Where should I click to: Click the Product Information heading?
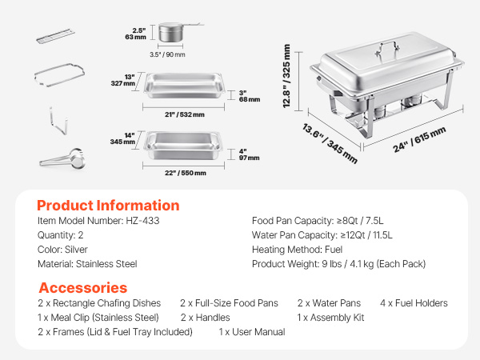coord(108,206)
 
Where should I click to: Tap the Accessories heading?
coord(83,288)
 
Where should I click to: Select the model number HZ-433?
coord(142,221)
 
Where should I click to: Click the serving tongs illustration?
coord(62,158)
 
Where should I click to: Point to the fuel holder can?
coord(171,32)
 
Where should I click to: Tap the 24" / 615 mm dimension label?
coord(419,139)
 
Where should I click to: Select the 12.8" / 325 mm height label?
coord(286,76)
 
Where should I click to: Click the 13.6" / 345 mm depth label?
coord(330,143)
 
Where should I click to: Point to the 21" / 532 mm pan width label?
coord(185,114)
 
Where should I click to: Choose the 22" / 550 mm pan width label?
coord(186,173)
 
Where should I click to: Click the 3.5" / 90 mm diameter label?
coord(167,54)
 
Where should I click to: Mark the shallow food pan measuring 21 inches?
coord(184,86)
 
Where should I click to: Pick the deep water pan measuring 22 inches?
coord(183,145)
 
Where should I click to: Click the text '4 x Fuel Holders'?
coord(414,303)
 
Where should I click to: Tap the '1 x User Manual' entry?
coord(252,332)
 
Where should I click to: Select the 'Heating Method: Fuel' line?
coord(297,250)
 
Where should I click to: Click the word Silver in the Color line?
coord(76,250)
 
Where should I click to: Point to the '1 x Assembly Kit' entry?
coord(330,318)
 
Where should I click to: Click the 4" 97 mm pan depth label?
coord(249,154)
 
